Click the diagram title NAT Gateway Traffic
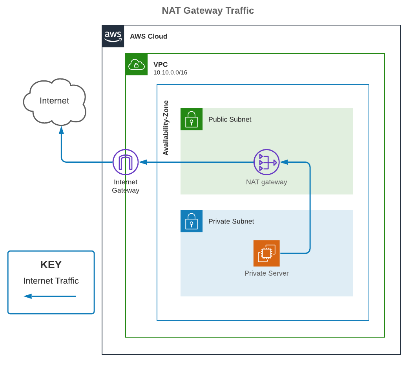click(208, 11)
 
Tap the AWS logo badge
click(113, 36)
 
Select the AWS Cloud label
click(149, 36)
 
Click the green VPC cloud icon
click(136, 64)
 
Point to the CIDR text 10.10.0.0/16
click(170, 72)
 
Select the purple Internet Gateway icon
click(126, 162)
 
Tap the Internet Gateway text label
click(126, 186)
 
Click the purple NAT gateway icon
click(266, 162)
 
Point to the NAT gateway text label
click(266, 182)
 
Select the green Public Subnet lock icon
click(192, 119)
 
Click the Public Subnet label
click(230, 120)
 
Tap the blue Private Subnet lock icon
click(192, 221)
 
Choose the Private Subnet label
click(231, 221)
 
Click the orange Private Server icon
click(266, 253)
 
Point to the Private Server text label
click(266, 273)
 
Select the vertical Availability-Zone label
click(166, 128)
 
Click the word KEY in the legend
click(51, 265)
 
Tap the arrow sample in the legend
click(50, 296)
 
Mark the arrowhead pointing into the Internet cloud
click(61, 130)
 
